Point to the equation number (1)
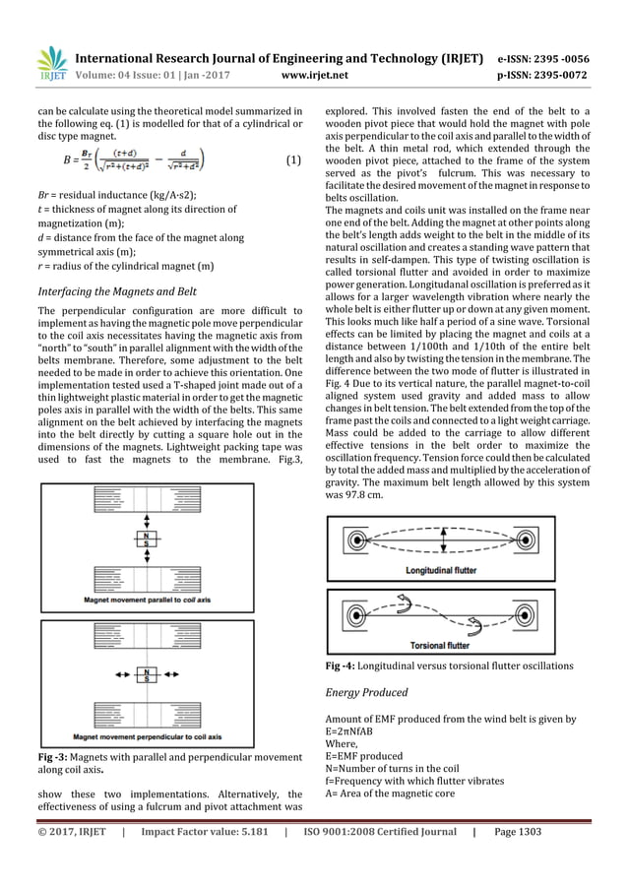tap(292, 159)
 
